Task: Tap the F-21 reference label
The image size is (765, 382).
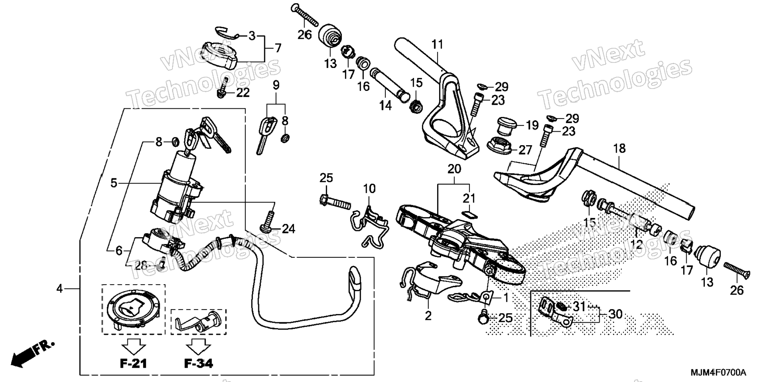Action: (133, 363)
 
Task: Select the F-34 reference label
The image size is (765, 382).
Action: (199, 363)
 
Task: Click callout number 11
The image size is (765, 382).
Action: (437, 44)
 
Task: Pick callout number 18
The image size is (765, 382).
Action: (619, 148)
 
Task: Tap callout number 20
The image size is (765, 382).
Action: (454, 169)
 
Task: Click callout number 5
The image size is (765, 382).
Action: (114, 183)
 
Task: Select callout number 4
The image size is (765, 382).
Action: (59, 289)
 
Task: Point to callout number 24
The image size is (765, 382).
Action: (288, 229)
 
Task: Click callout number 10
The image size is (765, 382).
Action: (369, 189)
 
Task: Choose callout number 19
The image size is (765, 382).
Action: (532, 125)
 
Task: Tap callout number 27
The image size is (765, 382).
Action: (525, 150)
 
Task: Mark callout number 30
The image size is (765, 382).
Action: (615, 314)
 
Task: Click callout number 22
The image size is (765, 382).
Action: (243, 93)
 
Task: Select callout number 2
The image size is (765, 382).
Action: (428, 316)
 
